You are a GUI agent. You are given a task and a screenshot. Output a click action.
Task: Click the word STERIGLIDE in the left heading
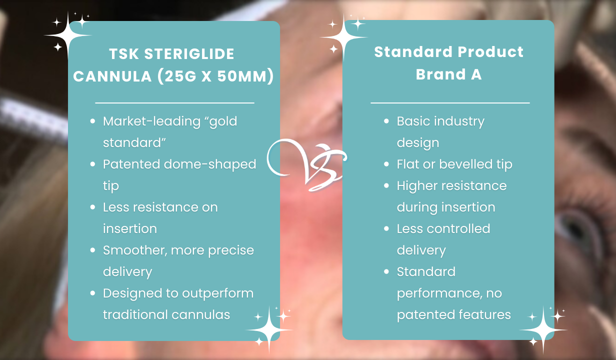click(x=189, y=54)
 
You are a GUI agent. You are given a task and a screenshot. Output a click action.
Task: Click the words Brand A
click(x=448, y=74)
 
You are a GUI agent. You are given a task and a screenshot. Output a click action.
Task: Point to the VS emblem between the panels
click(x=306, y=164)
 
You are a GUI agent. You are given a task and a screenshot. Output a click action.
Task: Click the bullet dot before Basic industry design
click(x=386, y=121)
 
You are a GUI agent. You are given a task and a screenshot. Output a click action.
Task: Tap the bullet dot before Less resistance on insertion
click(x=92, y=207)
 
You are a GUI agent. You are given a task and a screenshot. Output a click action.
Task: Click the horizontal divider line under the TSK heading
click(x=174, y=102)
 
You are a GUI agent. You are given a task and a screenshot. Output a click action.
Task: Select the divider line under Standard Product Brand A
click(x=449, y=102)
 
